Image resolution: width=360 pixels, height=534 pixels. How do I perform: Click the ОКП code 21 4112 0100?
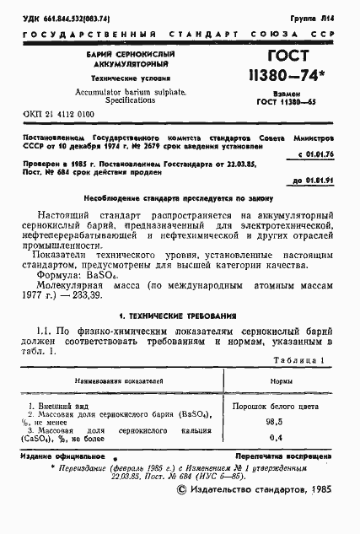pos(62,113)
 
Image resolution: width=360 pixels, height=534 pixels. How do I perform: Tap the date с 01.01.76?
pos(316,154)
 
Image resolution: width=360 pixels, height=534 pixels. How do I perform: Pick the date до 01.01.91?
pos(315,180)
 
